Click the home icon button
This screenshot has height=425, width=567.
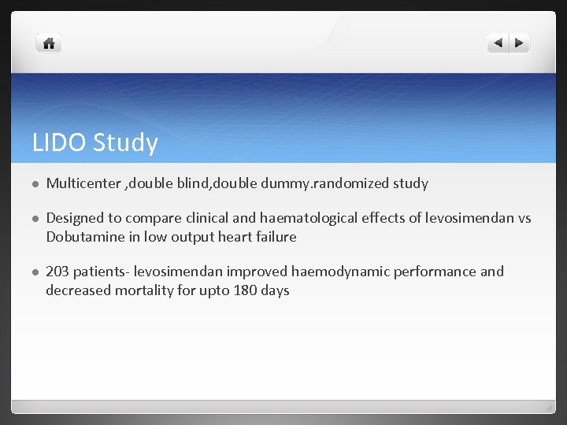pyautogui.click(x=49, y=43)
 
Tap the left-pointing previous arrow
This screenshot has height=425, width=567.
pyautogui.click(x=498, y=43)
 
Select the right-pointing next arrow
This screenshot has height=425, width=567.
pyautogui.click(x=520, y=43)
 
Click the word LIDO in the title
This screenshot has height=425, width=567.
pyautogui.click(x=60, y=142)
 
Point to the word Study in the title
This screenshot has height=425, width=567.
pyautogui.click(x=125, y=142)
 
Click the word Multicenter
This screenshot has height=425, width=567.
pyautogui.click(x=82, y=183)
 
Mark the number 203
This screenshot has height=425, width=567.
pyautogui.click(x=57, y=272)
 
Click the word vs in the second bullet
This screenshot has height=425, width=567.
pyautogui.click(x=524, y=218)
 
